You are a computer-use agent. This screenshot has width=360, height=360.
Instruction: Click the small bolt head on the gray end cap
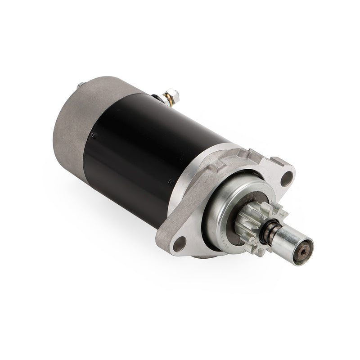point(80,85)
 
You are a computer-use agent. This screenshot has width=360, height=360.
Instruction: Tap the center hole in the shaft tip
point(308,246)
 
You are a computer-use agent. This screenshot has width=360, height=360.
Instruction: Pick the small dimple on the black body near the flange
point(171,182)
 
